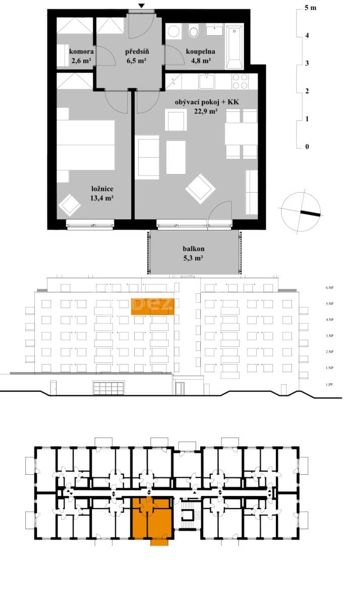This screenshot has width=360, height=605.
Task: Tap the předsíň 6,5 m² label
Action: pyautogui.click(x=136, y=55)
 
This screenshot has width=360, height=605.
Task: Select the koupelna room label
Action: pyautogui.click(x=201, y=55)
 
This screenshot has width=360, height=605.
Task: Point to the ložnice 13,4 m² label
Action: pyautogui.click(x=102, y=194)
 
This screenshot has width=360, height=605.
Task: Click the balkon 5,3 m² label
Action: pyautogui.click(x=194, y=254)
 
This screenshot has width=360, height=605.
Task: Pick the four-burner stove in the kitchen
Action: pyautogui.click(x=239, y=81)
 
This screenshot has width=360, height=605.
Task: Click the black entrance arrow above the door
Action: pyautogui.click(x=142, y=6)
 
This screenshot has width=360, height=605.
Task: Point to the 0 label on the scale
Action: pyautogui.click(x=307, y=147)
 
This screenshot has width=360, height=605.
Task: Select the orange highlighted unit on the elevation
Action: pyautogui.click(x=153, y=306)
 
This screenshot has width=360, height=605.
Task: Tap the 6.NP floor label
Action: pyautogui.click(x=330, y=287)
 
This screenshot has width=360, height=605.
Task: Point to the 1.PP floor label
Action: pyautogui.click(x=330, y=385)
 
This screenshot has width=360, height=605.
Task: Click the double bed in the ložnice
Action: pyautogui.click(x=86, y=145)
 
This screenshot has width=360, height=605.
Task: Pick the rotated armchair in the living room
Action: pyautogui.click(x=200, y=189)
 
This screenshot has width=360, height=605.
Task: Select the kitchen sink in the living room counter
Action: pyautogui.click(x=207, y=81)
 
